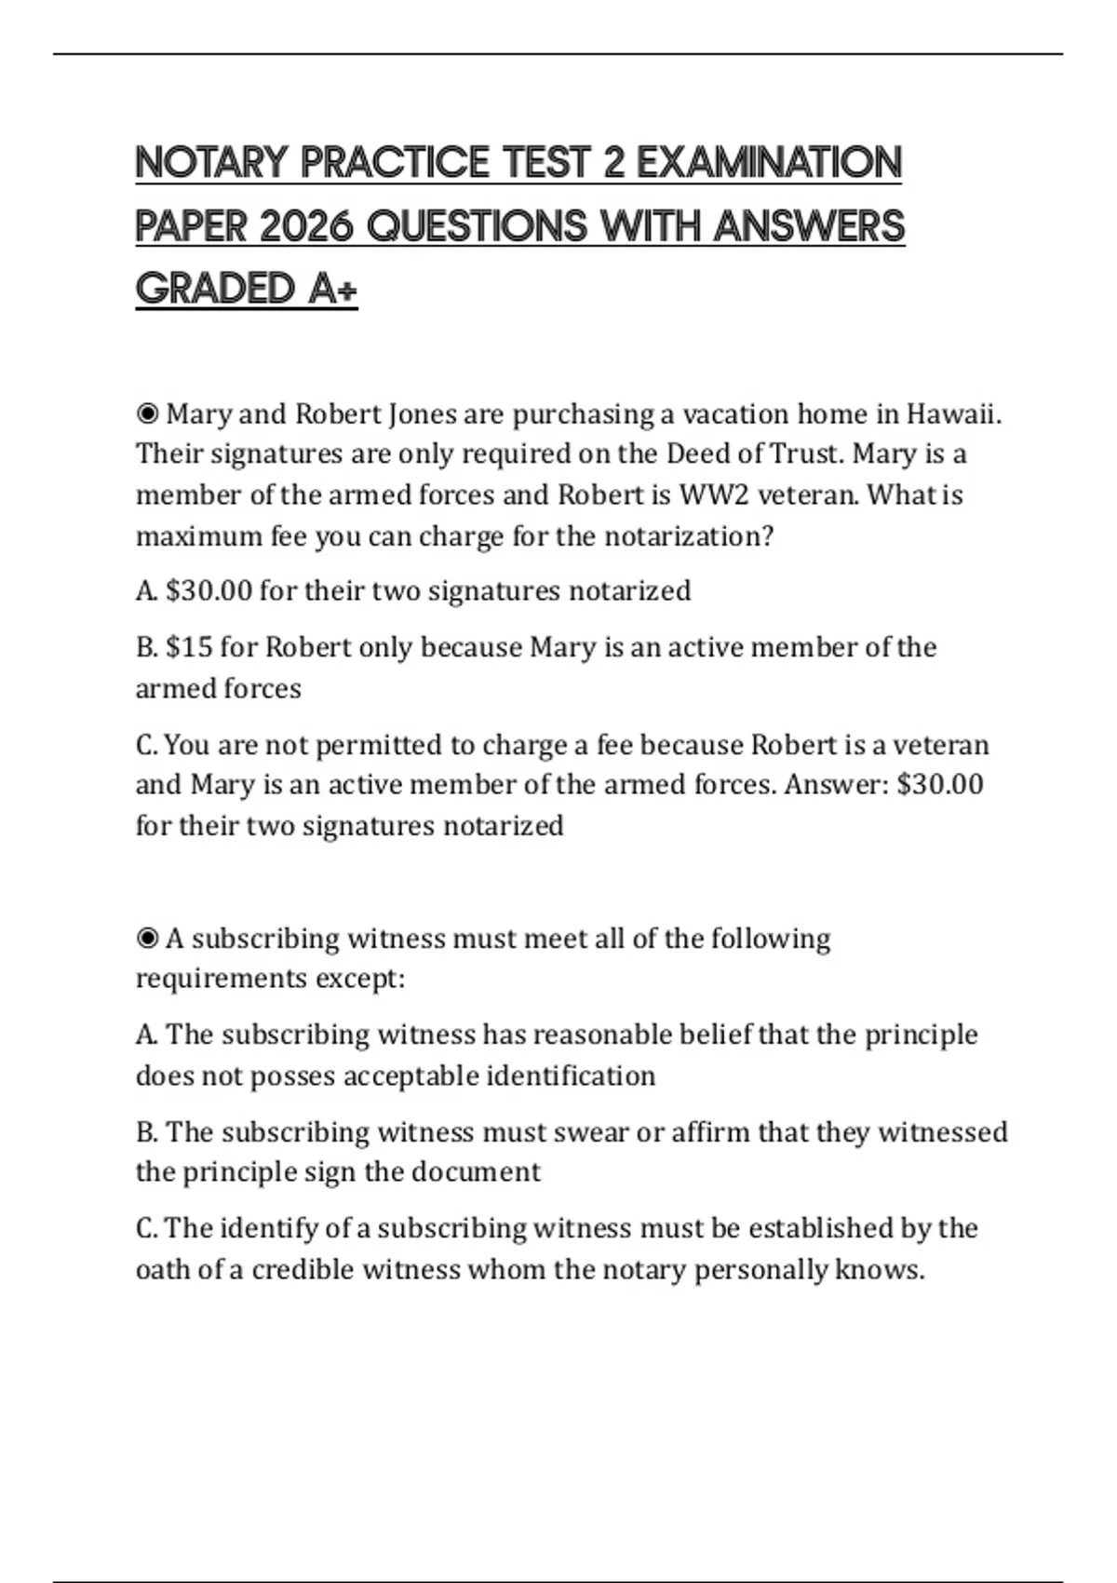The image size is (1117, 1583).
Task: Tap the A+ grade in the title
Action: tap(332, 289)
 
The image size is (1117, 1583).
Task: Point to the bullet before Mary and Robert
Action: tap(147, 413)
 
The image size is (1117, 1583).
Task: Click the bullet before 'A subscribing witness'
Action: tap(147, 938)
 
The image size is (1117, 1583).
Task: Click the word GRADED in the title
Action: tap(216, 289)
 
